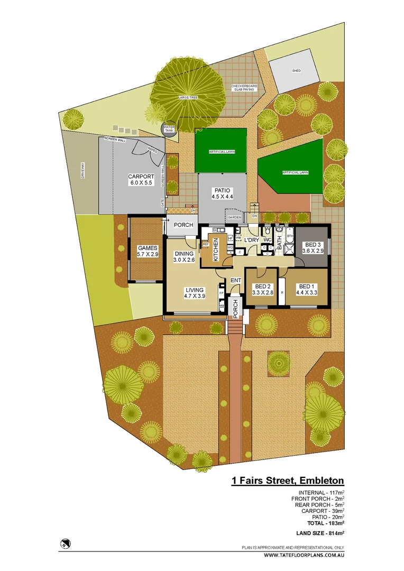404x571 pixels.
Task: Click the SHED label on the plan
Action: [296, 70]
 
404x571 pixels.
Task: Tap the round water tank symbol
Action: [169, 129]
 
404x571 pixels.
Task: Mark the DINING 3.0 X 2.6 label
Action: [184, 257]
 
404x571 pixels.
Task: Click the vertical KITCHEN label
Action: [216, 250]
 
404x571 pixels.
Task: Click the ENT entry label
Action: [235, 280]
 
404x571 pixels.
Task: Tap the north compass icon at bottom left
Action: [66, 542]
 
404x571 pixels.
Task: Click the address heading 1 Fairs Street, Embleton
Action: [288, 481]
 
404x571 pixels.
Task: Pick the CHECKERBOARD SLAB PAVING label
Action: [243, 88]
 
